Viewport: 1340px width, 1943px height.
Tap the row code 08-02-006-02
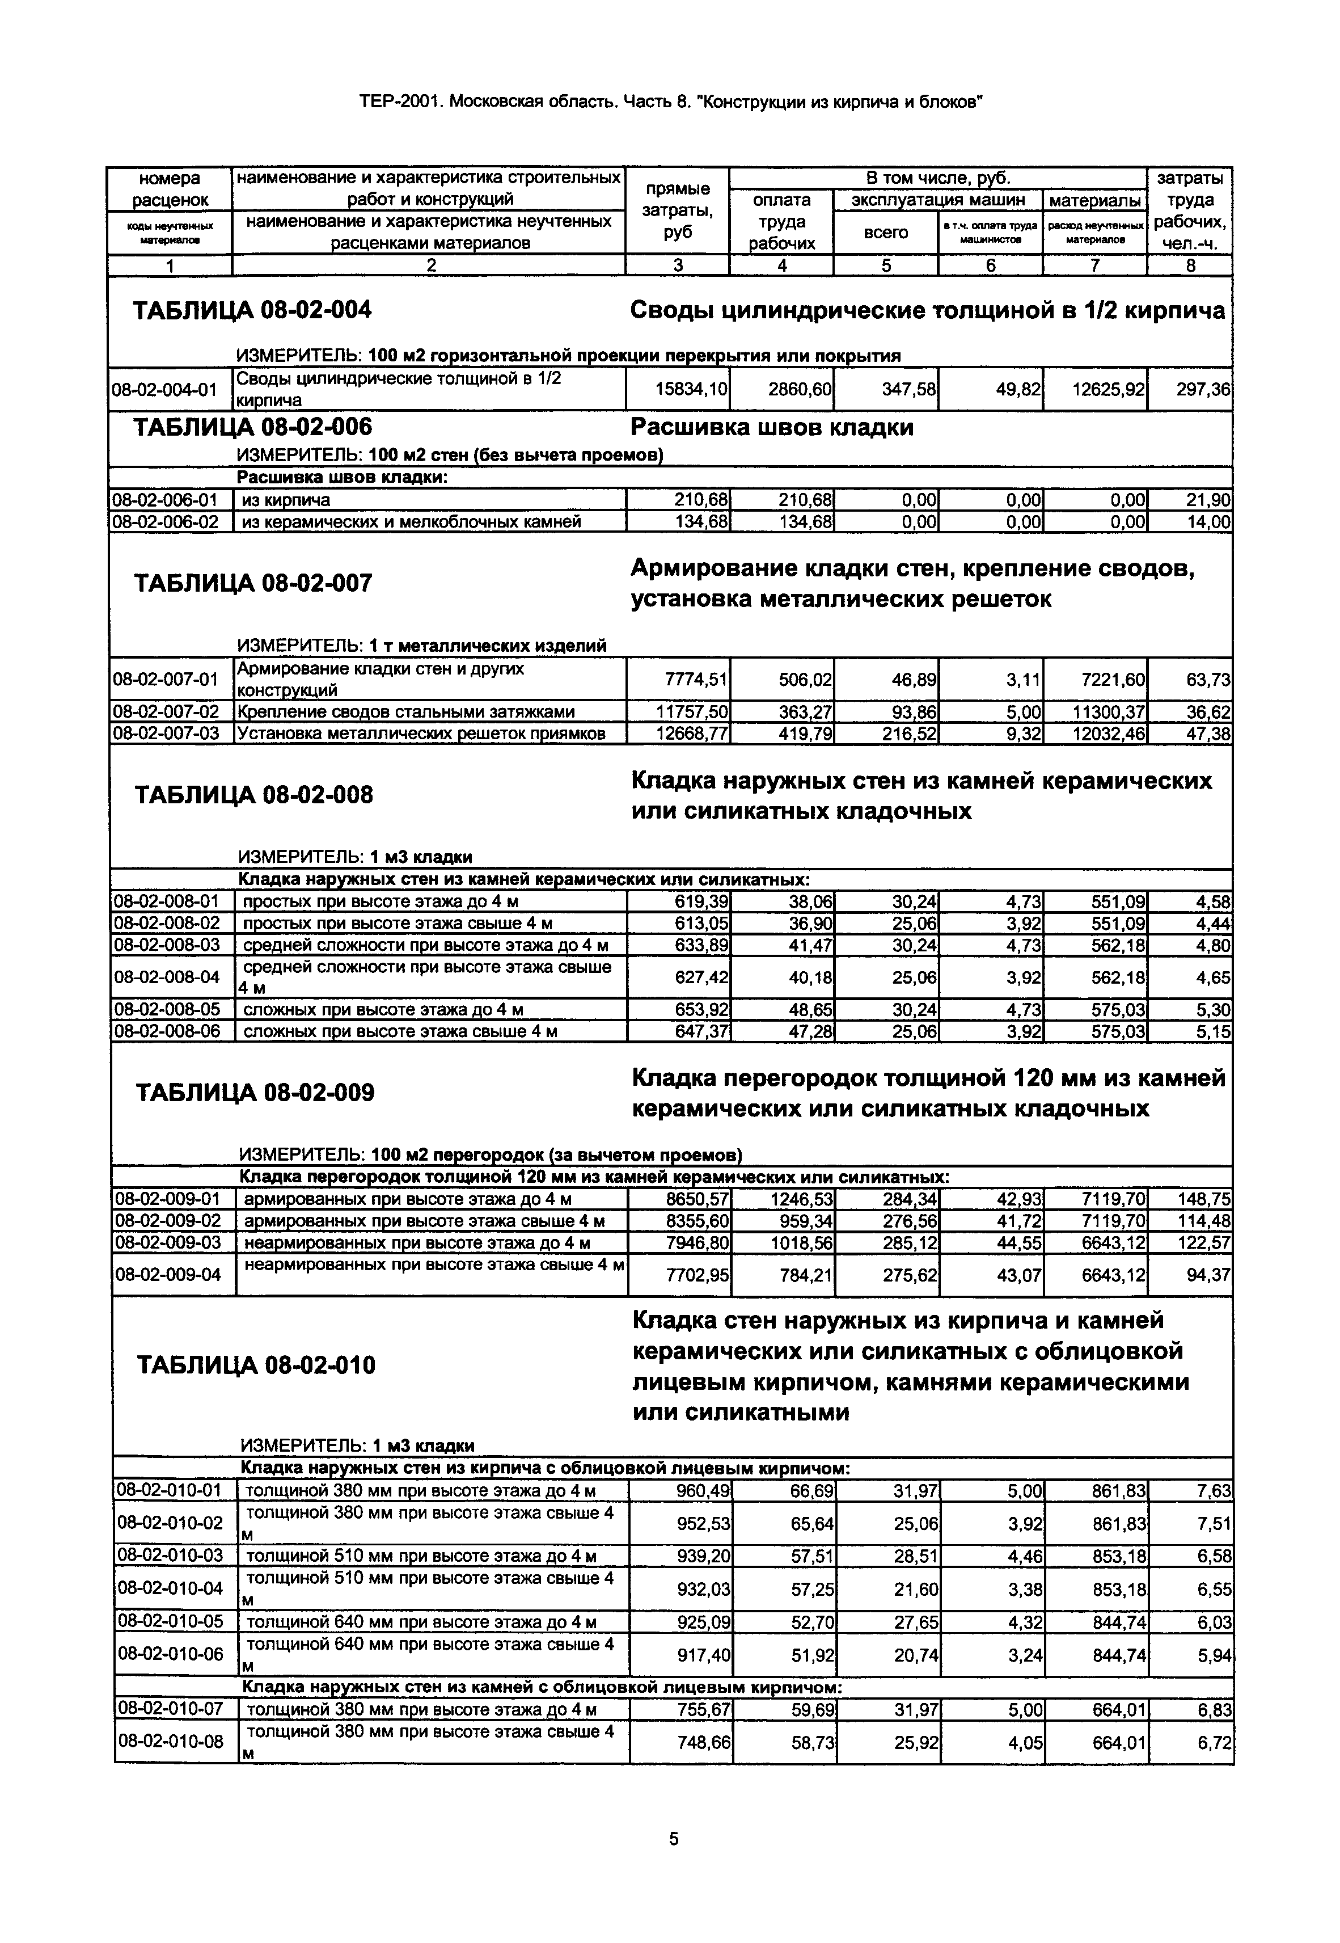166,521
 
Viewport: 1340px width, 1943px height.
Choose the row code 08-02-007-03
166,733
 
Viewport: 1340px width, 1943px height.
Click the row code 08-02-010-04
171,1588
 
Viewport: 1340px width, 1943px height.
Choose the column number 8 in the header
1190,266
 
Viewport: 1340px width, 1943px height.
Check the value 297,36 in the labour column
1203,390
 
